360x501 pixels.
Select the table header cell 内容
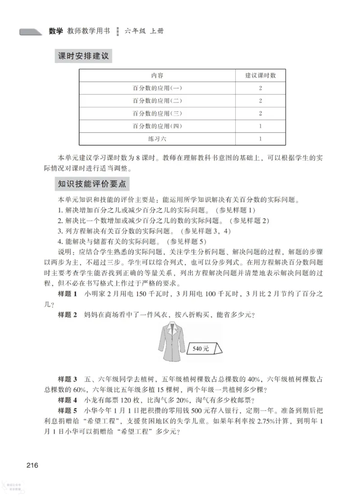coord(157,76)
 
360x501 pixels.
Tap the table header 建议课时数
coord(260,76)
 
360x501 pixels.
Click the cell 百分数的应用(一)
coord(157,88)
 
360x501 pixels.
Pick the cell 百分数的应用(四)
coord(157,126)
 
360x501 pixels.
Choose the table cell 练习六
coord(157,139)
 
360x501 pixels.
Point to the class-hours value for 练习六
coord(260,139)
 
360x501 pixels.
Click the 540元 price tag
coord(202,348)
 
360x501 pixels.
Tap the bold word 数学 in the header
coord(56,31)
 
